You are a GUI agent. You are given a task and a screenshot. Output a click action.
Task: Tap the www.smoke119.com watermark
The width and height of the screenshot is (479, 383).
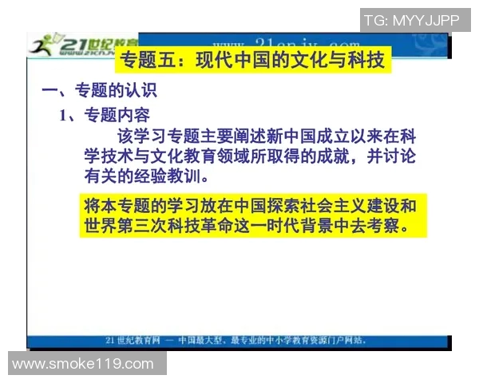(83, 364)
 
